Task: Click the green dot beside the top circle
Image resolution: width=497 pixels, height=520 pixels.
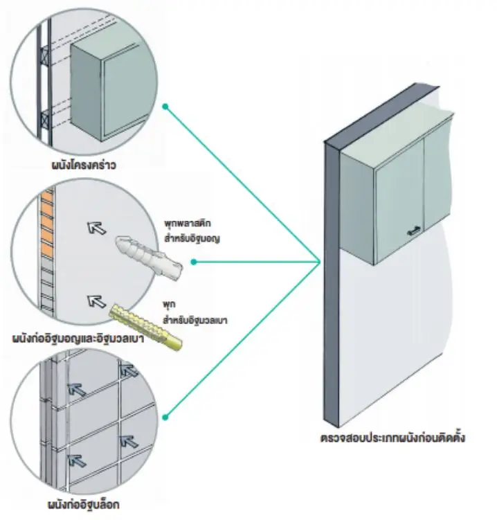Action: pyautogui.click(x=165, y=107)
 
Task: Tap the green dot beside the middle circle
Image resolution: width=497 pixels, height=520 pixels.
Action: pyautogui.click(x=194, y=262)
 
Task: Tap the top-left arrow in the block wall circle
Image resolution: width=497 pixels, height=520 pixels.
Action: pyautogui.click(x=77, y=391)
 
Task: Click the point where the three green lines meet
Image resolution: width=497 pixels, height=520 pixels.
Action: pyautogui.click(x=320, y=262)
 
